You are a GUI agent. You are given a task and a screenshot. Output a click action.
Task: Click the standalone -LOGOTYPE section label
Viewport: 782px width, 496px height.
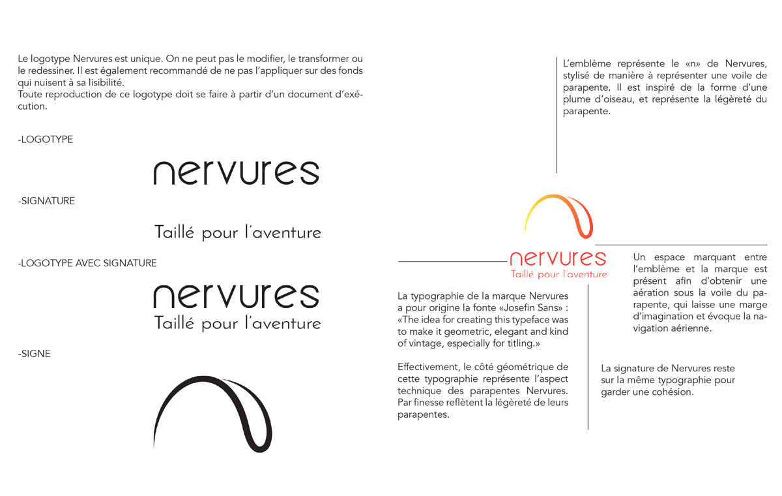click(x=46, y=140)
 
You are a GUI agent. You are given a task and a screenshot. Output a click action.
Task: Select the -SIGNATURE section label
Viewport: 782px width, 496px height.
click(x=46, y=201)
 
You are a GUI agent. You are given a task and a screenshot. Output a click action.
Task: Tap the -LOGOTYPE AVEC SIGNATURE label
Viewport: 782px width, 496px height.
click(x=87, y=264)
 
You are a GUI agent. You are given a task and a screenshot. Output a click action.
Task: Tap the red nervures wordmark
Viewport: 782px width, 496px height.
click(x=558, y=258)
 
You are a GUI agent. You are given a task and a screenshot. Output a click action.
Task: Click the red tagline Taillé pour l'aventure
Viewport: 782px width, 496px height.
click(x=558, y=274)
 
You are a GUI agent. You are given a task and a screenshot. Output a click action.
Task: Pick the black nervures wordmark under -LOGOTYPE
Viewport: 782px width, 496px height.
click(x=236, y=172)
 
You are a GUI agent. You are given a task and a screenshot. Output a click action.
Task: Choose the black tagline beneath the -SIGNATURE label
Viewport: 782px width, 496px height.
click(x=237, y=232)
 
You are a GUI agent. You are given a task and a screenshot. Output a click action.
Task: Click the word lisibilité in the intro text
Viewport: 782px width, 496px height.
click(x=101, y=83)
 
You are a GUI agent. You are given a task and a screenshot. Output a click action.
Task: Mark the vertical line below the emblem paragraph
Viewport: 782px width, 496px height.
click(x=557, y=144)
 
